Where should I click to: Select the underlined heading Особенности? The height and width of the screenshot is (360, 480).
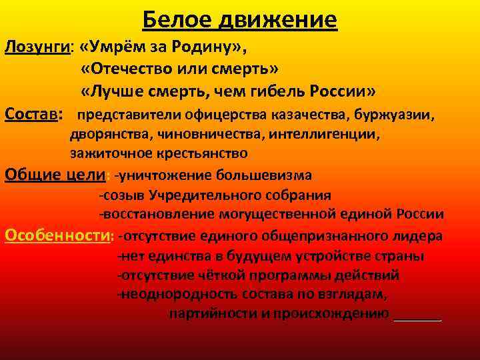tap(57, 235)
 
